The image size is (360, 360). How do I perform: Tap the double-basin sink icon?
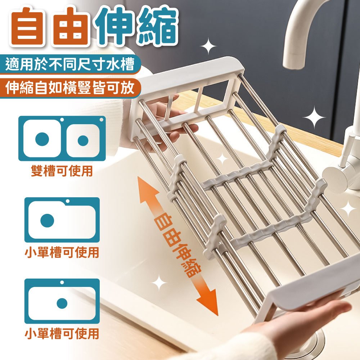[x=62, y=139]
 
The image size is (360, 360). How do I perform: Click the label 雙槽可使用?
[x=62, y=171]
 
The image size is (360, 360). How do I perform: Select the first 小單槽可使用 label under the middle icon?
[x=62, y=252]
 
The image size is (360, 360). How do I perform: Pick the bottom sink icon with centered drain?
[x=62, y=301]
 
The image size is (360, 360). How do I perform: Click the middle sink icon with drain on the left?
[x=62, y=220]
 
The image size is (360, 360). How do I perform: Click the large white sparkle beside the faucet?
[x=314, y=117]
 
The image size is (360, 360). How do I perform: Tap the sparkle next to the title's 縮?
[x=208, y=46]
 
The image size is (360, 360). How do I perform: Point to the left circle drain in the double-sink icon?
[x=42, y=139]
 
